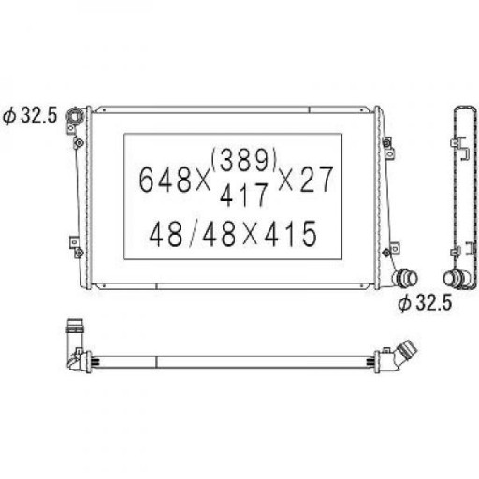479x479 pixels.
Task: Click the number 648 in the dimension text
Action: click(x=165, y=180)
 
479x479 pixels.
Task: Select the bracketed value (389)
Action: click(x=244, y=159)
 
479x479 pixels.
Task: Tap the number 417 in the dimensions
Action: click(x=244, y=195)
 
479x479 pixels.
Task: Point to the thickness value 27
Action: click(x=316, y=179)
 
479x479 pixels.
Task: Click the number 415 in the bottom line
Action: click(x=291, y=234)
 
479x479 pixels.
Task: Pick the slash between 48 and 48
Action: click(x=194, y=234)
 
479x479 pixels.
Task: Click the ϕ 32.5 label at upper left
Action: click(x=30, y=116)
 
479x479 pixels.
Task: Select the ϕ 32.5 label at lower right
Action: click(x=425, y=302)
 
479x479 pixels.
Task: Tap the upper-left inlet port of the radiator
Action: click(x=76, y=117)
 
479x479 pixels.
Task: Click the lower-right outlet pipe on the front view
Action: click(x=405, y=277)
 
